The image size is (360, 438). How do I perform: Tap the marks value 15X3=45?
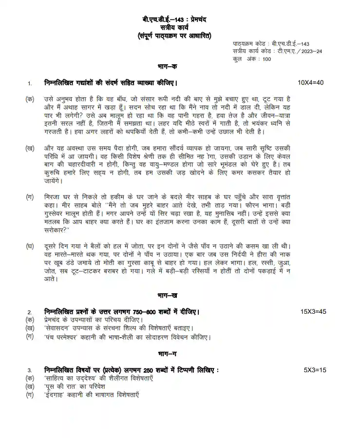click(313, 311)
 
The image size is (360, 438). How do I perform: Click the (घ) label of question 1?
click(30, 247)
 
